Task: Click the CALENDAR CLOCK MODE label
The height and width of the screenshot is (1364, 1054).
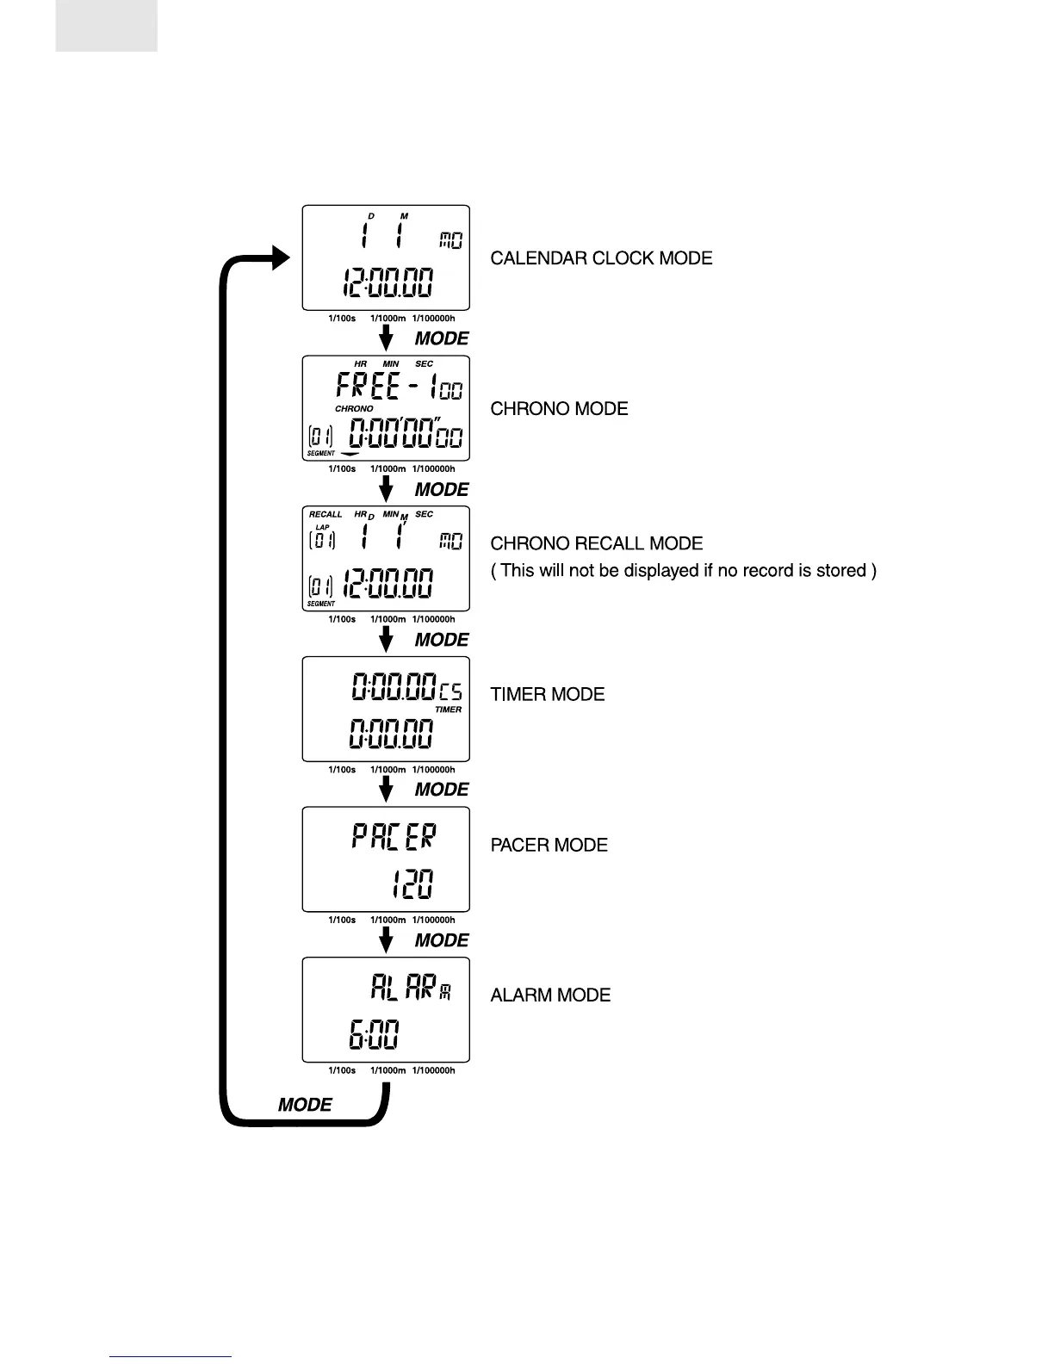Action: pos(601,258)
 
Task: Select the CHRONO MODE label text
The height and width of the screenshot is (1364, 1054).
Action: pos(559,409)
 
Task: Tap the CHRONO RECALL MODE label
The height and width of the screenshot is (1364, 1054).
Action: pos(596,543)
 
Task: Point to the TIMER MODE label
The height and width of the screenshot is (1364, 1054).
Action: pos(547,694)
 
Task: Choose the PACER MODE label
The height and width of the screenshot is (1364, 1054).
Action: pos(549,845)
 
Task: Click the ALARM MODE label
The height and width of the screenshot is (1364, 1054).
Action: pos(550,995)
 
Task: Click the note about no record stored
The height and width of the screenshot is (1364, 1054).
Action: pos(683,570)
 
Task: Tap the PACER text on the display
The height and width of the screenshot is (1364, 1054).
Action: pos(394,837)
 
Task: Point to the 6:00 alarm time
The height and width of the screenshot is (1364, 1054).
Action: pos(374,1035)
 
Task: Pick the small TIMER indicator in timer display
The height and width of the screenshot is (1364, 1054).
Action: pos(448,710)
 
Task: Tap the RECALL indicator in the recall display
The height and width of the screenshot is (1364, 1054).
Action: pos(325,514)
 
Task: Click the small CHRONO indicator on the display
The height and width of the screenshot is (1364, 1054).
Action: pos(354,409)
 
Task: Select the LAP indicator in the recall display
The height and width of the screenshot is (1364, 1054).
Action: pos(322,527)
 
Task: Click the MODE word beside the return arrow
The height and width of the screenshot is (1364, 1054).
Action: pos(305,1105)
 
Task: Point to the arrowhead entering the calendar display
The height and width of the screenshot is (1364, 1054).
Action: pos(281,257)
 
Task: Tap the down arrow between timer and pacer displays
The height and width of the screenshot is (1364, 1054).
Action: pos(387,786)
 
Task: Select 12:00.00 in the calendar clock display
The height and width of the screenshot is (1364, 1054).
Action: pos(387,283)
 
